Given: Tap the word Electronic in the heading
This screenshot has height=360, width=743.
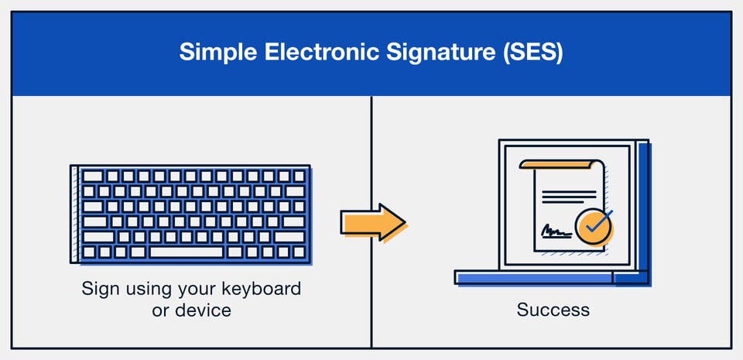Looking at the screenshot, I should point(305,52).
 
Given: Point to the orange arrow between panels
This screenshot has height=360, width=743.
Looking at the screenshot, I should point(373,222).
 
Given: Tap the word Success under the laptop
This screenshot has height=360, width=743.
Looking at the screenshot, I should point(553,310).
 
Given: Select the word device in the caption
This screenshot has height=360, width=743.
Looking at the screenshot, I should point(204,310).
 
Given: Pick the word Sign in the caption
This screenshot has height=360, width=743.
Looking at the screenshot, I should point(98,290).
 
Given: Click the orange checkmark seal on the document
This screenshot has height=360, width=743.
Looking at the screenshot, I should point(594,225).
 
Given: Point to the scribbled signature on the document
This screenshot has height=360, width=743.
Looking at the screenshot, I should point(556,230).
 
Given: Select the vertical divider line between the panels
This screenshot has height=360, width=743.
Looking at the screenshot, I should point(372,155).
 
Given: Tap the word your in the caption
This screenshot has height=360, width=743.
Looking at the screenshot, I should point(197,290).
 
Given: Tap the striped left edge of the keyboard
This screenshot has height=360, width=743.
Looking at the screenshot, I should point(74,213).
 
